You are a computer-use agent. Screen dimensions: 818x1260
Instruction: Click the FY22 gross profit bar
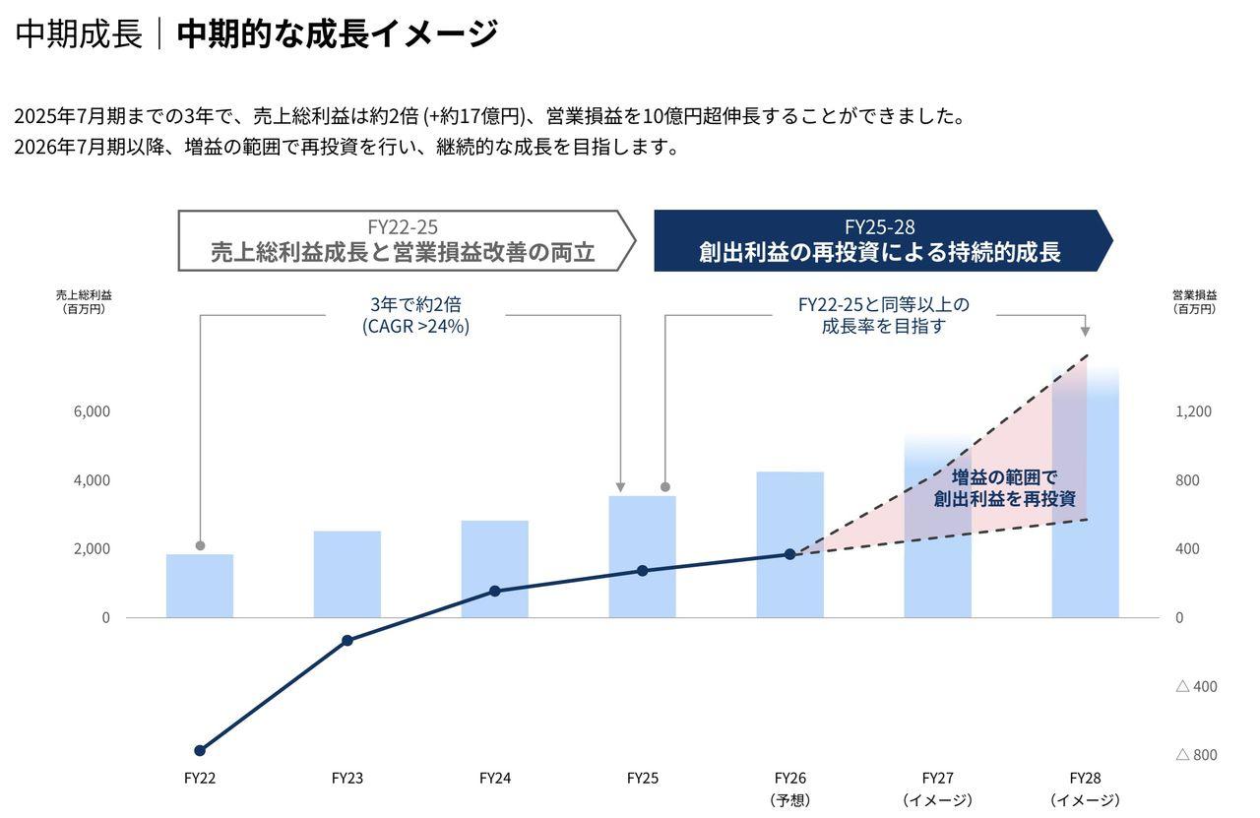[x=200, y=586]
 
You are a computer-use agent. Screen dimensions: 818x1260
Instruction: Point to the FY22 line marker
[x=200, y=750]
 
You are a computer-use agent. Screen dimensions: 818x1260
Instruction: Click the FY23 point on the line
[x=347, y=641]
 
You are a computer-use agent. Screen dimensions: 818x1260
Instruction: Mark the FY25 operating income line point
[x=642, y=571]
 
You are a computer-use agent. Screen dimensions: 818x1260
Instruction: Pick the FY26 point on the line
[x=789, y=554]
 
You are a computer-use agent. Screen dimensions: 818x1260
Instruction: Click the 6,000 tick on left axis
[x=92, y=411]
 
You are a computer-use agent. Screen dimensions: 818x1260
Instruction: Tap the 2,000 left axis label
[x=92, y=549]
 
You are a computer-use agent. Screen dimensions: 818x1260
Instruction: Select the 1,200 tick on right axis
[x=1193, y=411]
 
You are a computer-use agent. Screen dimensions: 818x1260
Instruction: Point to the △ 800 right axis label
[x=1196, y=755]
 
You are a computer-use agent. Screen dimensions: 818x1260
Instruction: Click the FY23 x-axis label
[x=347, y=778]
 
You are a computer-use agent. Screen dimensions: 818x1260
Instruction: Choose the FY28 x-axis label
[x=1085, y=778]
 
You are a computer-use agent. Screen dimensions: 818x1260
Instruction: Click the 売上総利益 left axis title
[x=84, y=295]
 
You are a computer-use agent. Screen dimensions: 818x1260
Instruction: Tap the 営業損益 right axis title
[x=1194, y=295]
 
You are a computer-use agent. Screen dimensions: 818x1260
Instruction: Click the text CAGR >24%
[x=415, y=327]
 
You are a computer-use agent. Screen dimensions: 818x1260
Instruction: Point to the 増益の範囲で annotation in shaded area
[x=1004, y=477]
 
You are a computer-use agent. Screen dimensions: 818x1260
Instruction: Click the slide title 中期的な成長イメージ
[x=337, y=34]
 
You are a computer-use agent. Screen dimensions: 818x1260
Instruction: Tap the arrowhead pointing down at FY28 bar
[x=1085, y=332]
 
